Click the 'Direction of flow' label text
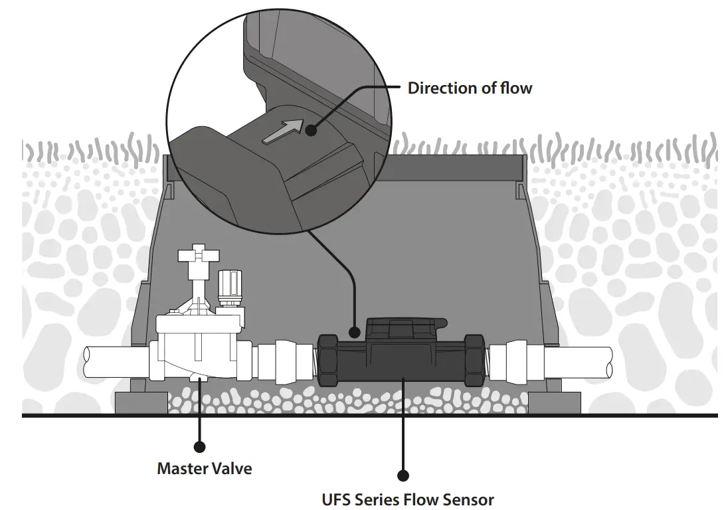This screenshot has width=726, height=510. pyautogui.click(x=470, y=88)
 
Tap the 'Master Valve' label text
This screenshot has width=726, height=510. pyautogui.click(x=205, y=468)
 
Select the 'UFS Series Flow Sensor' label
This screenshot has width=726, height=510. pyautogui.click(x=408, y=499)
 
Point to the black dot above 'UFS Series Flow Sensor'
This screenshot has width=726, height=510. pyautogui.click(x=402, y=475)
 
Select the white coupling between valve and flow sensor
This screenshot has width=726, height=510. pyautogui.click(x=282, y=362)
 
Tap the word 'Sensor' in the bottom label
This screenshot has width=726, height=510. pyautogui.click(x=471, y=499)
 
